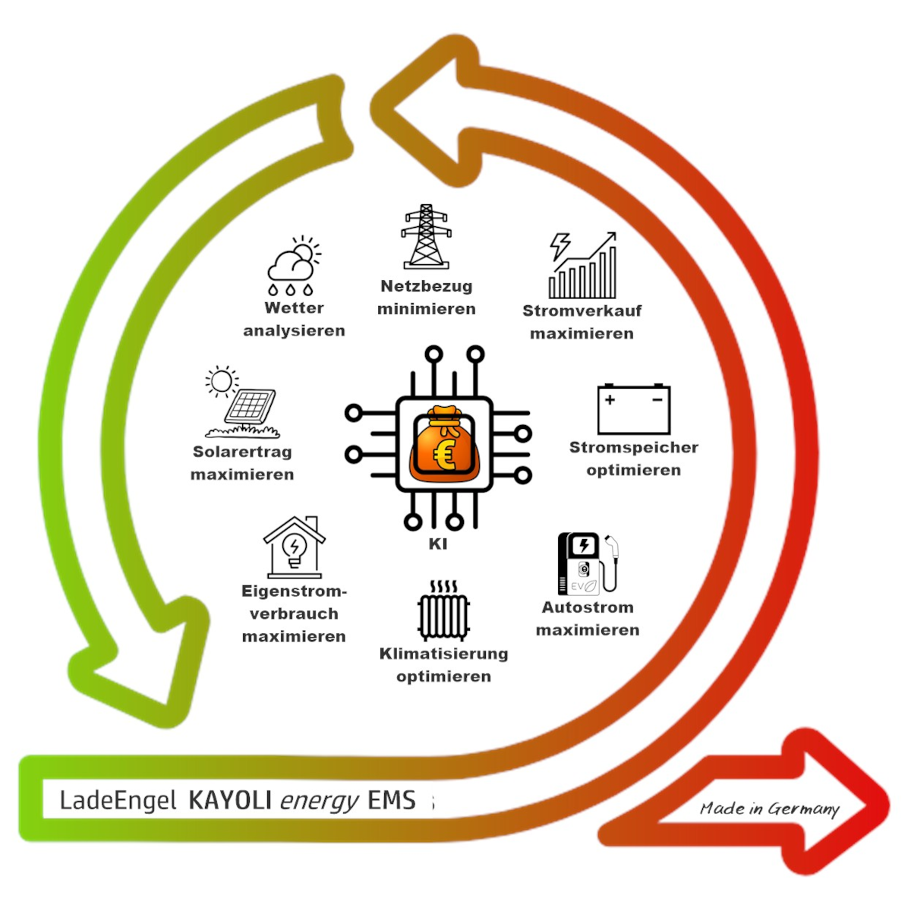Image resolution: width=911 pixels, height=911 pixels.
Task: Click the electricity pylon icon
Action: pos(426,237)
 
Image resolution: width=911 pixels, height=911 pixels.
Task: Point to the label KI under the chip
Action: pos(438,544)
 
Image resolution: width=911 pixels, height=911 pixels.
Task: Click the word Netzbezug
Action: pos(427,287)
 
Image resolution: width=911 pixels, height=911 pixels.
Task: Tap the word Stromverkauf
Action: pos(582,311)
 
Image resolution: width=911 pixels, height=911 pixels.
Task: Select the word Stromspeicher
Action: pos(634,448)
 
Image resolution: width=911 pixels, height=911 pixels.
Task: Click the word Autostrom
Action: pos(588,607)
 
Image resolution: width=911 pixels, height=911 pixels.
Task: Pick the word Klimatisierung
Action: pos(444,654)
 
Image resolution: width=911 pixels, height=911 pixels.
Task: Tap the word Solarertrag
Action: pos(242,452)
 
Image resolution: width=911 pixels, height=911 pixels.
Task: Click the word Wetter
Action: pos(294,308)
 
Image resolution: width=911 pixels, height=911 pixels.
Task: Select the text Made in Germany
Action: pos(770,809)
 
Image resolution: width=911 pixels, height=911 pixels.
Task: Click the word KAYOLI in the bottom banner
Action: pos(230,800)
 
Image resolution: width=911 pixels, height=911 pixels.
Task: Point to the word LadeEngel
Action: pos(118,800)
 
